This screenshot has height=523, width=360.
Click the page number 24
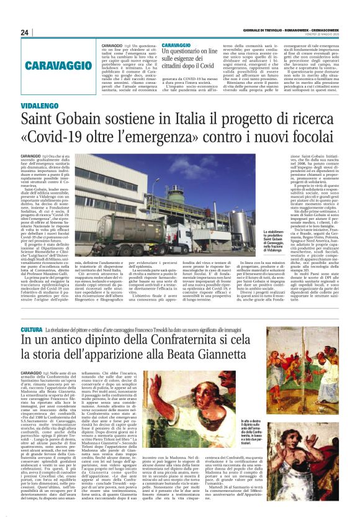(24, 32)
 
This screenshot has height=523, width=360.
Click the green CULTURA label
(30, 329)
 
